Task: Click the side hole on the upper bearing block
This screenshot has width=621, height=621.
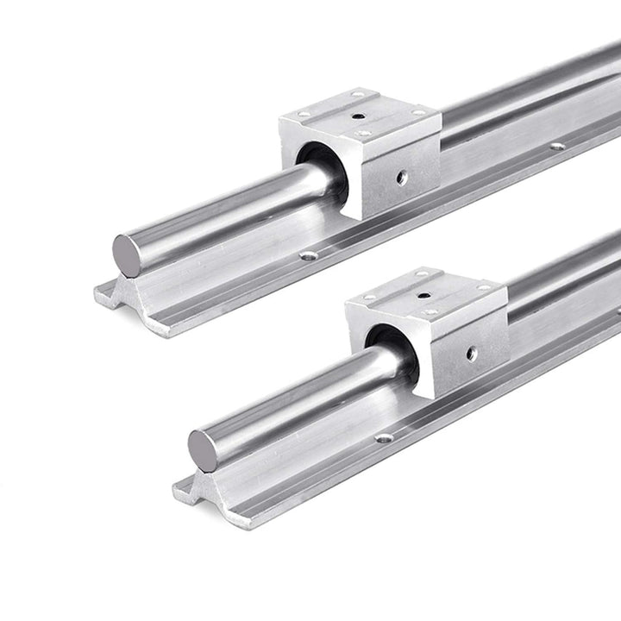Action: tap(402, 177)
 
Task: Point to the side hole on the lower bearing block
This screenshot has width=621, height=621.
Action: tap(472, 353)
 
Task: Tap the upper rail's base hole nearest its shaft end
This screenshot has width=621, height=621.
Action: tap(307, 255)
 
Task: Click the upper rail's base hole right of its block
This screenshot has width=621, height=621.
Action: tap(557, 146)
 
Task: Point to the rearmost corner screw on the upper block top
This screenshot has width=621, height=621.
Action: tap(359, 93)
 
